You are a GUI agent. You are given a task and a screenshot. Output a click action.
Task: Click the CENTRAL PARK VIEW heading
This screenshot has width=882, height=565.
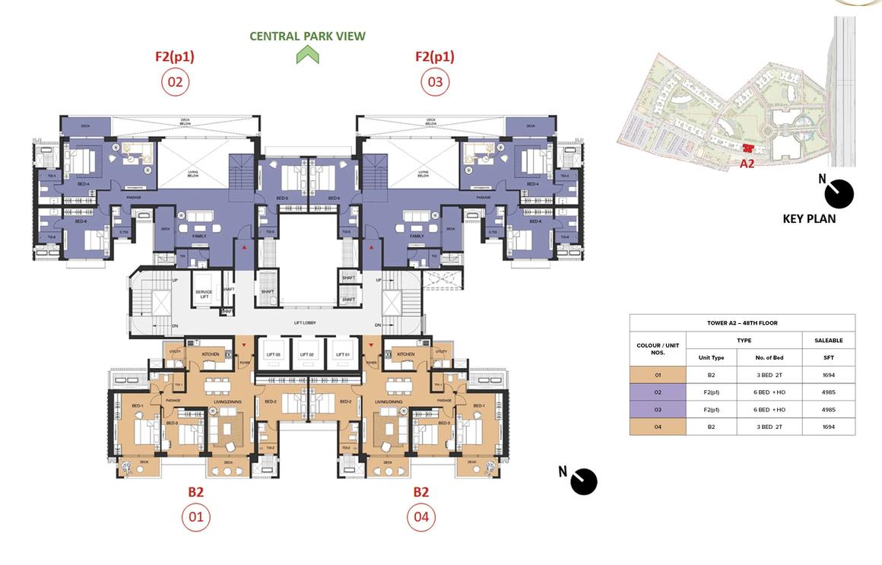point(307,36)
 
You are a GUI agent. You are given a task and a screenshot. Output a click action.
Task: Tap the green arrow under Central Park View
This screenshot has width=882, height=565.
point(307,55)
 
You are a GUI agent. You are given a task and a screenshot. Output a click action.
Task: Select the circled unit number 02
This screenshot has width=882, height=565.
point(175,82)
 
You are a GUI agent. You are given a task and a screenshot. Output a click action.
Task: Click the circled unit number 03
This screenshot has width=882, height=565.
point(435,82)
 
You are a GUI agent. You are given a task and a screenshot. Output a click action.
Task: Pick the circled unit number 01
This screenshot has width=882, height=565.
point(195,518)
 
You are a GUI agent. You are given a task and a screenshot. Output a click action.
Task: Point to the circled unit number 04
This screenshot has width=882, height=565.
point(420,518)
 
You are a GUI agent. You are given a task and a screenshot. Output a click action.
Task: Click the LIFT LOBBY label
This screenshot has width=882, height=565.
point(305,323)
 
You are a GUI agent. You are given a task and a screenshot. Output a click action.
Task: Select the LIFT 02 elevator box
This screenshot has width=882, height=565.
point(306,354)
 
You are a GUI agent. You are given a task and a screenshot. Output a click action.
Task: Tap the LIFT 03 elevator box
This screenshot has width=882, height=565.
point(274,354)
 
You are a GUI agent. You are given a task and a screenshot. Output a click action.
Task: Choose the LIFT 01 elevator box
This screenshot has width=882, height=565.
point(340,354)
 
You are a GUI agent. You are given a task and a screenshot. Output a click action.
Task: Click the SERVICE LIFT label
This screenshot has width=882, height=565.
point(204,294)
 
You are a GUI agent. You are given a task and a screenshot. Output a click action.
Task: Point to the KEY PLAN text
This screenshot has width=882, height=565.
point(809,219)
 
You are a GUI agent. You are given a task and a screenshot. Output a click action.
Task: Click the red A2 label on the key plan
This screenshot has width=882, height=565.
point(747,163)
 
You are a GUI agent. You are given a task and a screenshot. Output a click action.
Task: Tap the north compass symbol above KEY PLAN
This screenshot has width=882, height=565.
point(839,193)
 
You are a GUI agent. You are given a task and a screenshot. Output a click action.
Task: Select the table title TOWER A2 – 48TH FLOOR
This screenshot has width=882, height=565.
point(742,323)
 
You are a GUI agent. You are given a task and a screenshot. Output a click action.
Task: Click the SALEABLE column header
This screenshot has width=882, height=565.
point(828,341)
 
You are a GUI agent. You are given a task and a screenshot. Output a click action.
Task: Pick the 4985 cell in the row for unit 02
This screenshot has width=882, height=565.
point(828,392)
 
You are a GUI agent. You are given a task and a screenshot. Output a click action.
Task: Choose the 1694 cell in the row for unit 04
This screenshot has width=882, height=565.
point(828,427)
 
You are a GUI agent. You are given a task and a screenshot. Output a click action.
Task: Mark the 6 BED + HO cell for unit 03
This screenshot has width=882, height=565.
point(769,410)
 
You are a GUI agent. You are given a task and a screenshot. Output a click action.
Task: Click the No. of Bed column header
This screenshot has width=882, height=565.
point(769,357)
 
